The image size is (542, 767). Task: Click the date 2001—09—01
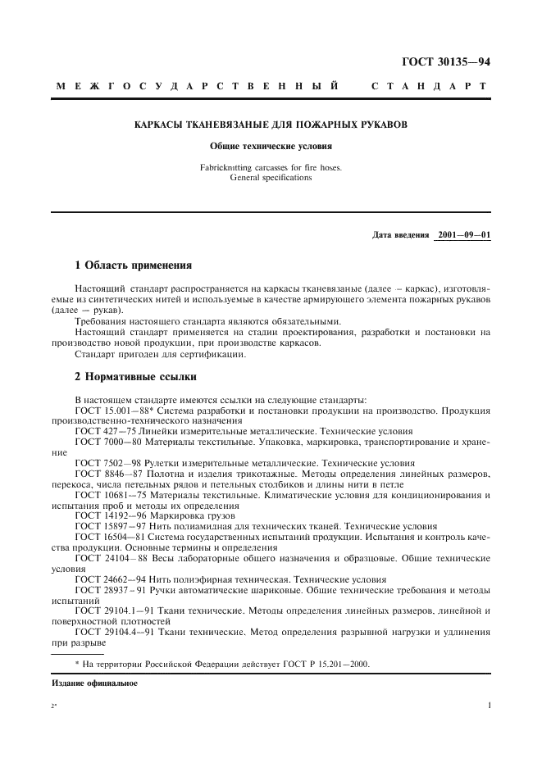coord(464,235)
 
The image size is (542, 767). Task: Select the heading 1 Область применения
coord(133,266)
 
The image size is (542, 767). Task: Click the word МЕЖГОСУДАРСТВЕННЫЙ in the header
coord(198,86)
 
